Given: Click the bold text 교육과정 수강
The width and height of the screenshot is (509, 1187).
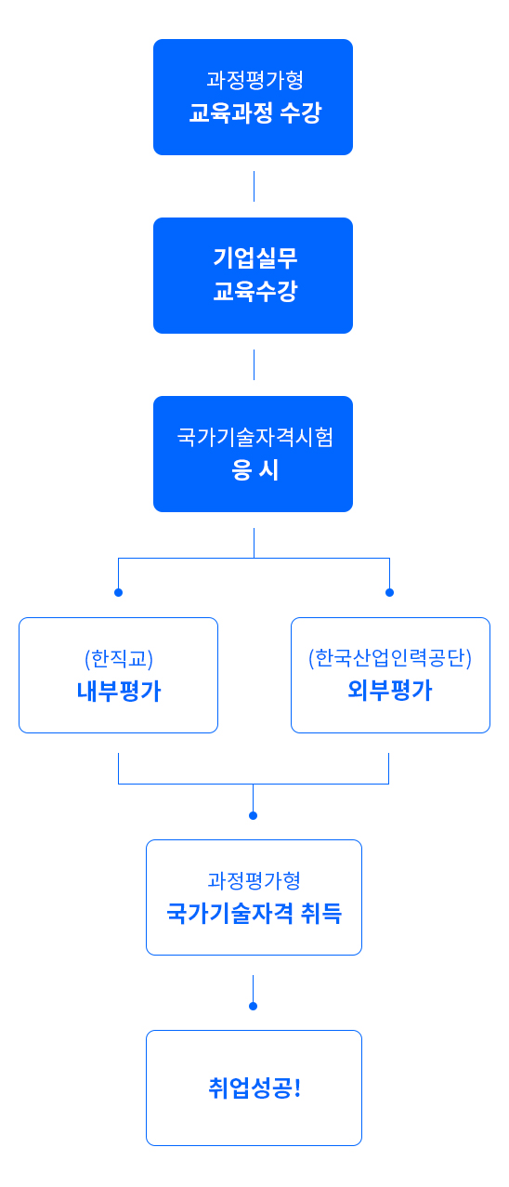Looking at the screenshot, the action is (254, 112).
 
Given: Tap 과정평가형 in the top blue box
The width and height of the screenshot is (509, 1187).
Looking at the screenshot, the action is (254, 80).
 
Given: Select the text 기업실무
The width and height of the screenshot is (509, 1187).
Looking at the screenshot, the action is (254, 257).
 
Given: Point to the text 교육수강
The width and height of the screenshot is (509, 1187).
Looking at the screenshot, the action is (254, 290).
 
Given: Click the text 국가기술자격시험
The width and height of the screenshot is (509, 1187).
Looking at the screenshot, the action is (254, 437).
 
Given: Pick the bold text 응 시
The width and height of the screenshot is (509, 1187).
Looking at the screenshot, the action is (254, 469).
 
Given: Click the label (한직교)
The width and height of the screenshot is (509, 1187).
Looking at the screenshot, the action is (119, 659).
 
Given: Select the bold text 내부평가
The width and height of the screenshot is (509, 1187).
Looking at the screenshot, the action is (119, 691).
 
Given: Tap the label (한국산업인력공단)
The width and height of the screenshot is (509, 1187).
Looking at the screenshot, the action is (390, 657).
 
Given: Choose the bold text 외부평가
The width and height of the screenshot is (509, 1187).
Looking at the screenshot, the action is (390, 690).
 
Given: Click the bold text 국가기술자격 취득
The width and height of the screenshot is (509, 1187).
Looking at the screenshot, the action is (254, 913).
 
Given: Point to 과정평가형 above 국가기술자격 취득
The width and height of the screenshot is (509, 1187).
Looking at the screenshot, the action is (254, 880).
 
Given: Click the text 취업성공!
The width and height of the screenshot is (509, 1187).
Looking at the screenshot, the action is (254, 1088).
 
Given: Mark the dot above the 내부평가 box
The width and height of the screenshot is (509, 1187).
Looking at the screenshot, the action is (118, 592).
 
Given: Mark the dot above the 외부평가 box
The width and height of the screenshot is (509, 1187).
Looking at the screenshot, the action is (389, 592).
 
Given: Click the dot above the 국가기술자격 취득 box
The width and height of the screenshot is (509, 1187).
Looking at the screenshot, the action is (254, 815).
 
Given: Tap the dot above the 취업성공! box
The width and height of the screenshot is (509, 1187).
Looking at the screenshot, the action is (254, 1006).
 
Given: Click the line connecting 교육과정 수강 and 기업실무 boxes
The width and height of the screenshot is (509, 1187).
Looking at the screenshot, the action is (254, 186).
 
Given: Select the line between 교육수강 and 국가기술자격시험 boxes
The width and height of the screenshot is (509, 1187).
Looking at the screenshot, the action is (254, 364).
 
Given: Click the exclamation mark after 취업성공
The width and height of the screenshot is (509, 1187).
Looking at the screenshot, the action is (297, 1088).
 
